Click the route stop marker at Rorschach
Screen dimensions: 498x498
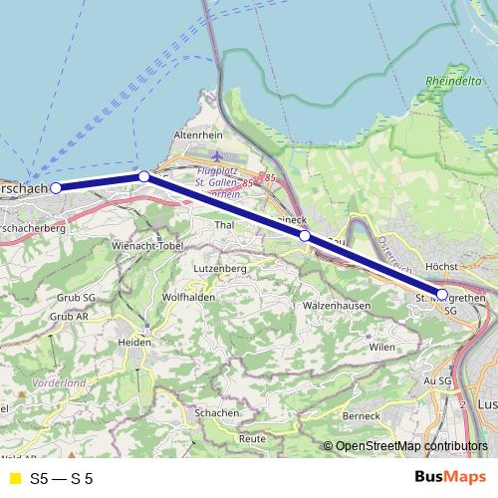57,187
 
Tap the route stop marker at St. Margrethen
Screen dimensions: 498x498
442,294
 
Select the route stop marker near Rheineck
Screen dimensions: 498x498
305,236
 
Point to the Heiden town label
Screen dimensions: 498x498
136,341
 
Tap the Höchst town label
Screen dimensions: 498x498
439,268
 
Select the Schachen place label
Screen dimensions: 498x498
217,412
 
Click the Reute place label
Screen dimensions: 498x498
252,438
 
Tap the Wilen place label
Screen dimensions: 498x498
381,347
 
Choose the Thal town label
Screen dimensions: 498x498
224,225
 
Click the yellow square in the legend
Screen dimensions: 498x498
14,478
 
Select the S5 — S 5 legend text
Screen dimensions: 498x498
61,478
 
